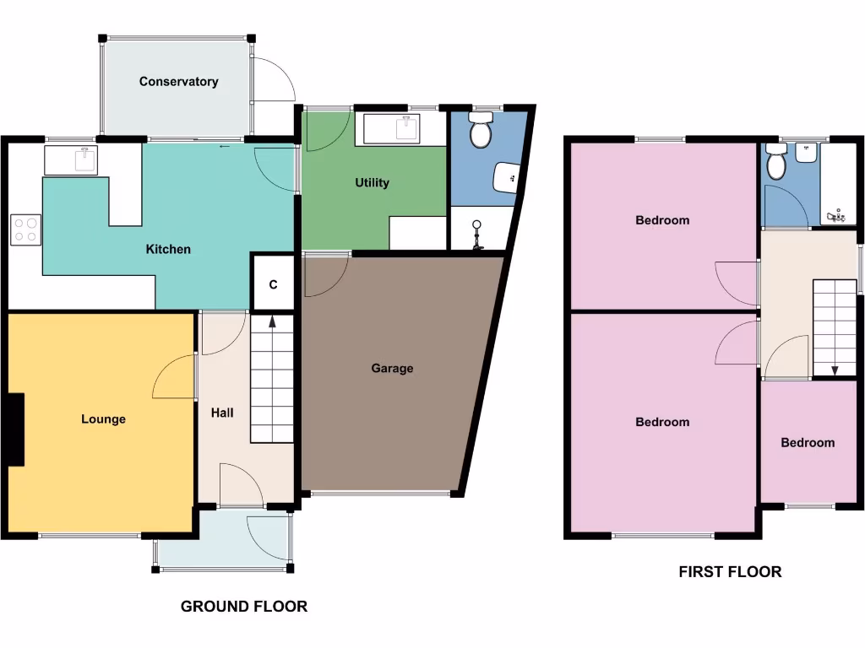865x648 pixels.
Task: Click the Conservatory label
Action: (x=178, y=82)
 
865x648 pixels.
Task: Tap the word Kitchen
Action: (x=168, y=249)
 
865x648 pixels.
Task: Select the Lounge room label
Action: (x=103, y=418)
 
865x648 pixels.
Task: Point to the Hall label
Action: (x=222, y=413)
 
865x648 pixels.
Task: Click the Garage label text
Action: (x=392, y=368)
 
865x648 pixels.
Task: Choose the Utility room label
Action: (x=372, y=182)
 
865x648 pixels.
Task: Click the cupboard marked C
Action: (x=273, y=284)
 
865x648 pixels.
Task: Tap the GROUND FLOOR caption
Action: (x=243, y=606)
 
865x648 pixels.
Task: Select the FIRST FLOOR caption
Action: (x=730, y=571)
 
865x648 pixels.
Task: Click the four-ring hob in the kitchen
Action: (x=26, y=229)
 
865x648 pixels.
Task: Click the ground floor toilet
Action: (x=481, y=133)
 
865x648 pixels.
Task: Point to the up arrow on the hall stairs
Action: (x=272, y=321)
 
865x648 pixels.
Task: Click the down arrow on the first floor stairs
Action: (x=835, y=370)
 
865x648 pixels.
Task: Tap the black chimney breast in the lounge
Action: (x=15, y=429)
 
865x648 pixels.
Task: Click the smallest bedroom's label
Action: (x=807, y=442)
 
